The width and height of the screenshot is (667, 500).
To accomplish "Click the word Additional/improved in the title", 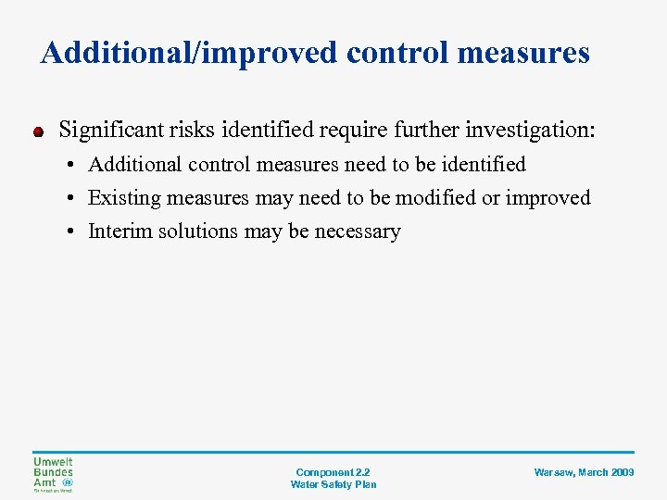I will pyautogui.click(x=190, y=53).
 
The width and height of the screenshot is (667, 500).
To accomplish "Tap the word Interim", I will pyautogui.click(x=117, y=231).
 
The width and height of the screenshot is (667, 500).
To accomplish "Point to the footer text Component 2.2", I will pyautogui.click(x=333, y=472).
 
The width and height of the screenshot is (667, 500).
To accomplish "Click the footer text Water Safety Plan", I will pyautogui.click(x=333, y=484).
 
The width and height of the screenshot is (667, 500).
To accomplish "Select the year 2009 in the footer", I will pyautogui.click(x=622, y=472).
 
